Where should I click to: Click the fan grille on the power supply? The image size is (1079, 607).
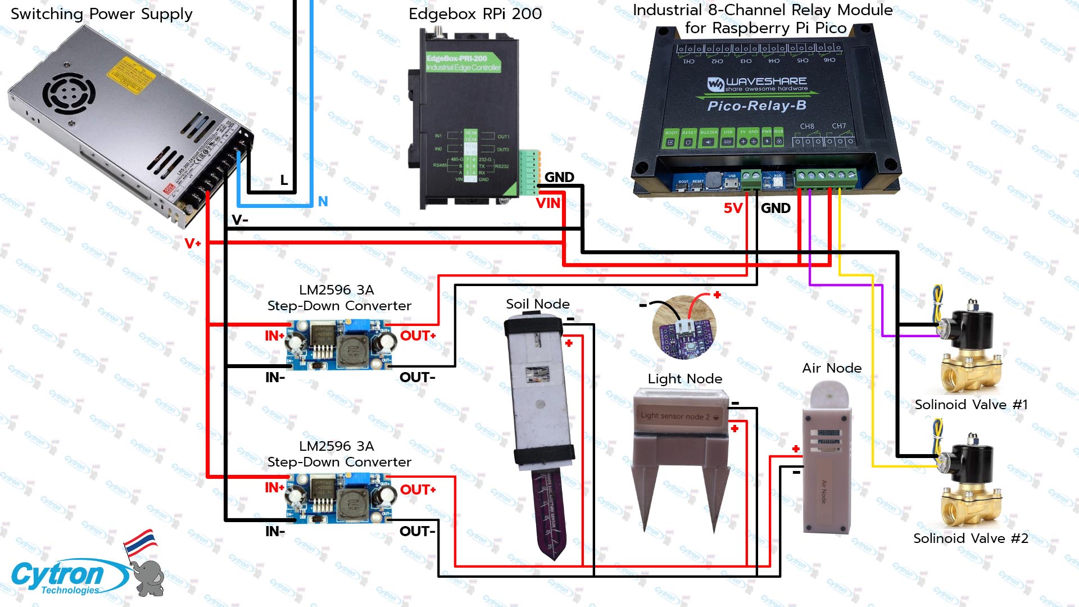tap(69, 93)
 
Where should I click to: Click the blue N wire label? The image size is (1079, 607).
tap(323, 201)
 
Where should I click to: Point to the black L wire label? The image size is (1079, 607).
tap(284, 180)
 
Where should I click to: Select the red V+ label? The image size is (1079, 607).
tap(192, 243)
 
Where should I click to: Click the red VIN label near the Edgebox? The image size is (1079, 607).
tap(548, 203)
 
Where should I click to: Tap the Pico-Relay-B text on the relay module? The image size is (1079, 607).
tap(756, 106)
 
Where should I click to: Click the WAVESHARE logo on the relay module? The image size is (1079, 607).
tap(757, 84)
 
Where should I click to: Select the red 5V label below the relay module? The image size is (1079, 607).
tap(733, 209)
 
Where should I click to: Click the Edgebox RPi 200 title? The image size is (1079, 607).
tap(475, 14)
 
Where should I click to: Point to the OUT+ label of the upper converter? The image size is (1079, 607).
tap(418, 336)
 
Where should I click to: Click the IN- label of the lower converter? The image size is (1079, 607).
tap(275, 531)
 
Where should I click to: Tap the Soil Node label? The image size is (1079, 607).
tap(537, 304)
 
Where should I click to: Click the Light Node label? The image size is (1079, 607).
tap(684, 379)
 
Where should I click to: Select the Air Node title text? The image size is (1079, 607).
tap(832, 368)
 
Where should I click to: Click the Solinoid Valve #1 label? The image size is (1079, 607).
tap(971, 405)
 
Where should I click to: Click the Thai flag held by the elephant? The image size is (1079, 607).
tap(140, 543)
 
